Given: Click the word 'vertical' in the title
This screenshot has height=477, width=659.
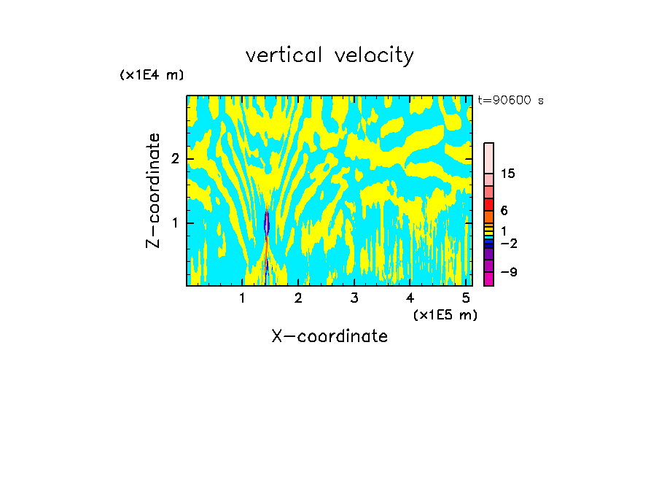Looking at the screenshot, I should click(x=285, y=55).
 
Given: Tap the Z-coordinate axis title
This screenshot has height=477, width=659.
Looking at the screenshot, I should click(x=153, y=190).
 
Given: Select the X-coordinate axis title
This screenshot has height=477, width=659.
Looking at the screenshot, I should click(x=329, y=336).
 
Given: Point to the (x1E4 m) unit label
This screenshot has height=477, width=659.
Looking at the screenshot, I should click(x=152, y=75).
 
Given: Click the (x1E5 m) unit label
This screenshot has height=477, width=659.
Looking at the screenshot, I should click(x=445, y=314).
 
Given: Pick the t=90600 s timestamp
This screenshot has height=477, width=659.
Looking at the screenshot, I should click(x=510, y=101).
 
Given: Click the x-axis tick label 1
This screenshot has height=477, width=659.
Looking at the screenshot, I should click(x=242, y=298).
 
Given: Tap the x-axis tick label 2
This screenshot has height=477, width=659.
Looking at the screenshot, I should click(x=298, y=298).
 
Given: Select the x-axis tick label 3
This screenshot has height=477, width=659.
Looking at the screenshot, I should click(x=354, y=298).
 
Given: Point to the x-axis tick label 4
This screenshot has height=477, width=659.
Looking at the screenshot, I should click(x=410, y=298).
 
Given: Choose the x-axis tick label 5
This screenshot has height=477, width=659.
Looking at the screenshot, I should click(x=466, y=298).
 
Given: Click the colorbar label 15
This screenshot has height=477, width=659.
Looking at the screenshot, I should click(x=509, y=174).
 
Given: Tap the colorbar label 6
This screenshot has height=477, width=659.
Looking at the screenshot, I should click(x=504, y=210).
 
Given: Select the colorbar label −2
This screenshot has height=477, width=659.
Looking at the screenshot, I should click(x=508, y=244).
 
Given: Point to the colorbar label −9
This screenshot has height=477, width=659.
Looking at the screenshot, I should click(x=508, y=272).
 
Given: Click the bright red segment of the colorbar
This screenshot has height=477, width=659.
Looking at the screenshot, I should click(x=488, y=204).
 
